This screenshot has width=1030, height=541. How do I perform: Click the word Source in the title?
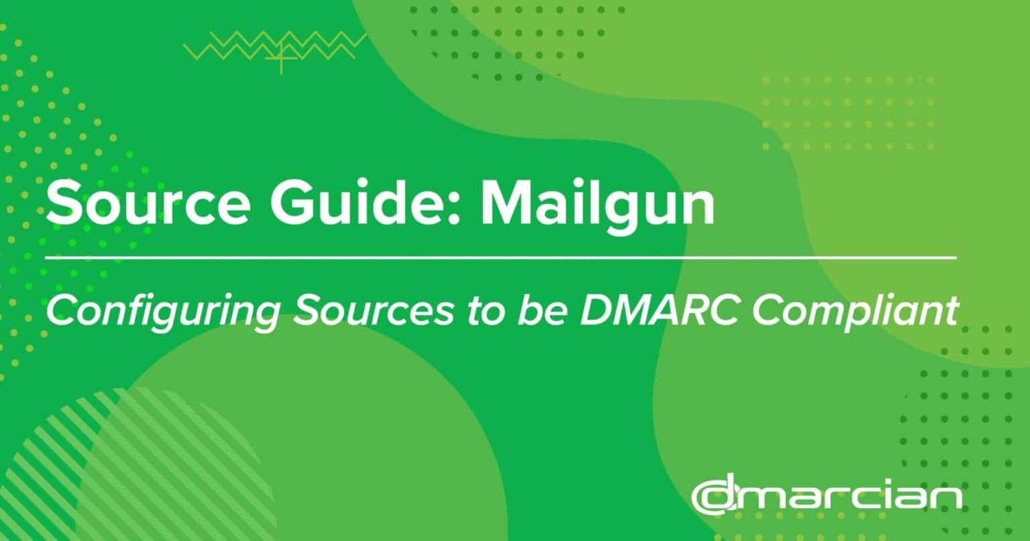click(148, 202)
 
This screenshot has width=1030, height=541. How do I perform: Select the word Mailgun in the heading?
click(597, 205)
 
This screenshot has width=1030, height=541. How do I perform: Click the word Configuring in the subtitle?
click(163, 310)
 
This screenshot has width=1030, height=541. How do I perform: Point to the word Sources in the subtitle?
click(374, 310)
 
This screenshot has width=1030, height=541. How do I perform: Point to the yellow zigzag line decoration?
click(276, 46)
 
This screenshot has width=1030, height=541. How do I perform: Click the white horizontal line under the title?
click(501, 258)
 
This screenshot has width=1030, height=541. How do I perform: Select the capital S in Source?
click(62, 203)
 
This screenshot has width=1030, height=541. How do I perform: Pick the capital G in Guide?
click(292, 203)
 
